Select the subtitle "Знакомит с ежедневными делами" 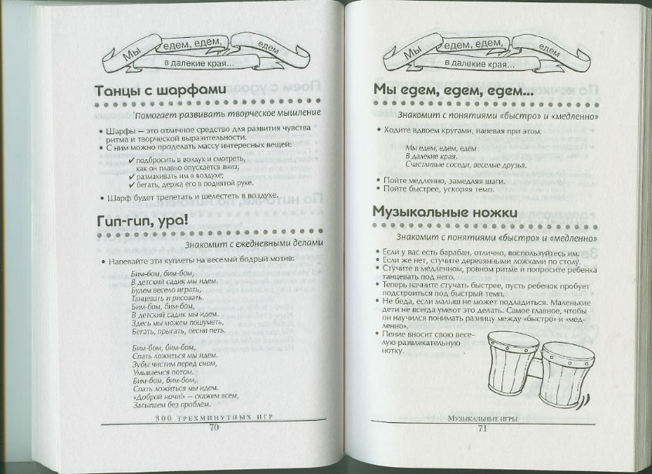(252, 243)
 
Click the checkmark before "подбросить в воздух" (132, 157)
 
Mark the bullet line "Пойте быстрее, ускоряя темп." (438, 188)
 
